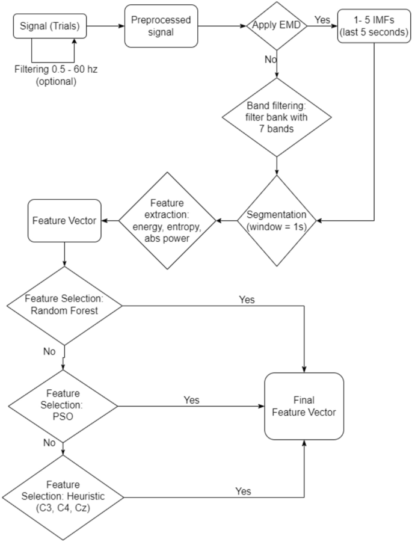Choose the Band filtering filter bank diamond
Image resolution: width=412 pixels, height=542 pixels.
[x=277, y=118]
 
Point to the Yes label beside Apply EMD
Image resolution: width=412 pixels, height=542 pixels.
[x=323, y=19]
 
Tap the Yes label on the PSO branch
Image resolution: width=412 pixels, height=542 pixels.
[x=191, y=399]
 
